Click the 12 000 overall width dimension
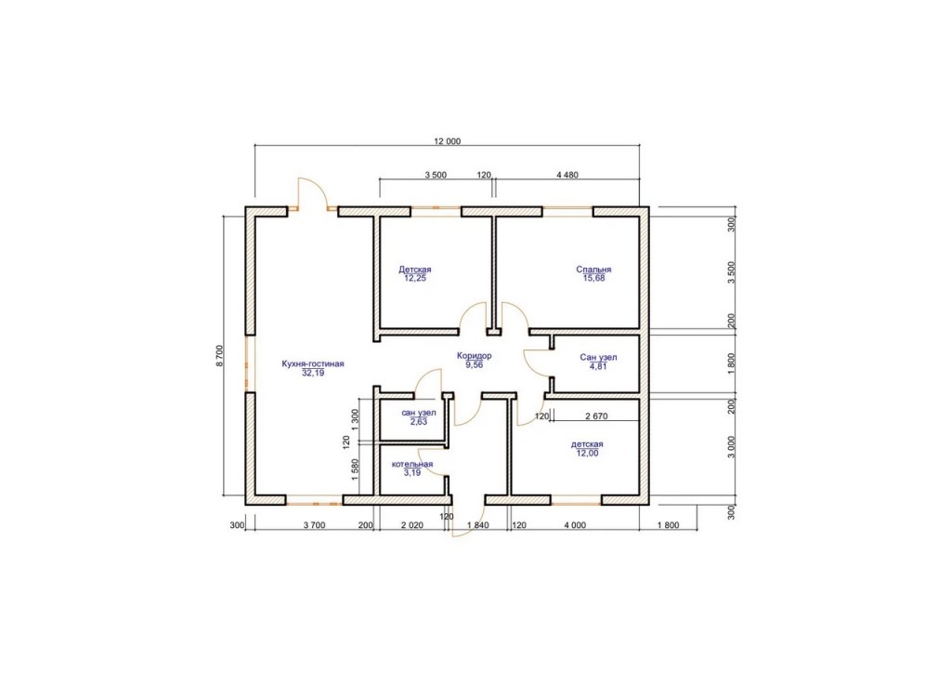coord(447,141)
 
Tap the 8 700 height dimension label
coord(219,356)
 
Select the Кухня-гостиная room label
coord(313,364)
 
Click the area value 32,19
coord(313,373)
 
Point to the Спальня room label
coord(593,270)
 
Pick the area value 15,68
coord(593,278)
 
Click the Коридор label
coord(475,356)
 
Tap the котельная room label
coord(412,464)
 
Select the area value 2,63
coord(419,422)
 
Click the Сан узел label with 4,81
coord(598,358)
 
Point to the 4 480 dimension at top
coord(567,175)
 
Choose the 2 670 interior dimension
coord(596,416)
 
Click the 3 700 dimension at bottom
coord(314,525)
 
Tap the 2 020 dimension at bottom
coord(411,525)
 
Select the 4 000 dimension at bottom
coord(574,525)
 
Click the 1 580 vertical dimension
coord(356,469)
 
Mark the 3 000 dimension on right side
coord(731,447)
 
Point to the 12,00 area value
coord(587,453)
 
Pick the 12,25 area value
coord(415,278)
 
